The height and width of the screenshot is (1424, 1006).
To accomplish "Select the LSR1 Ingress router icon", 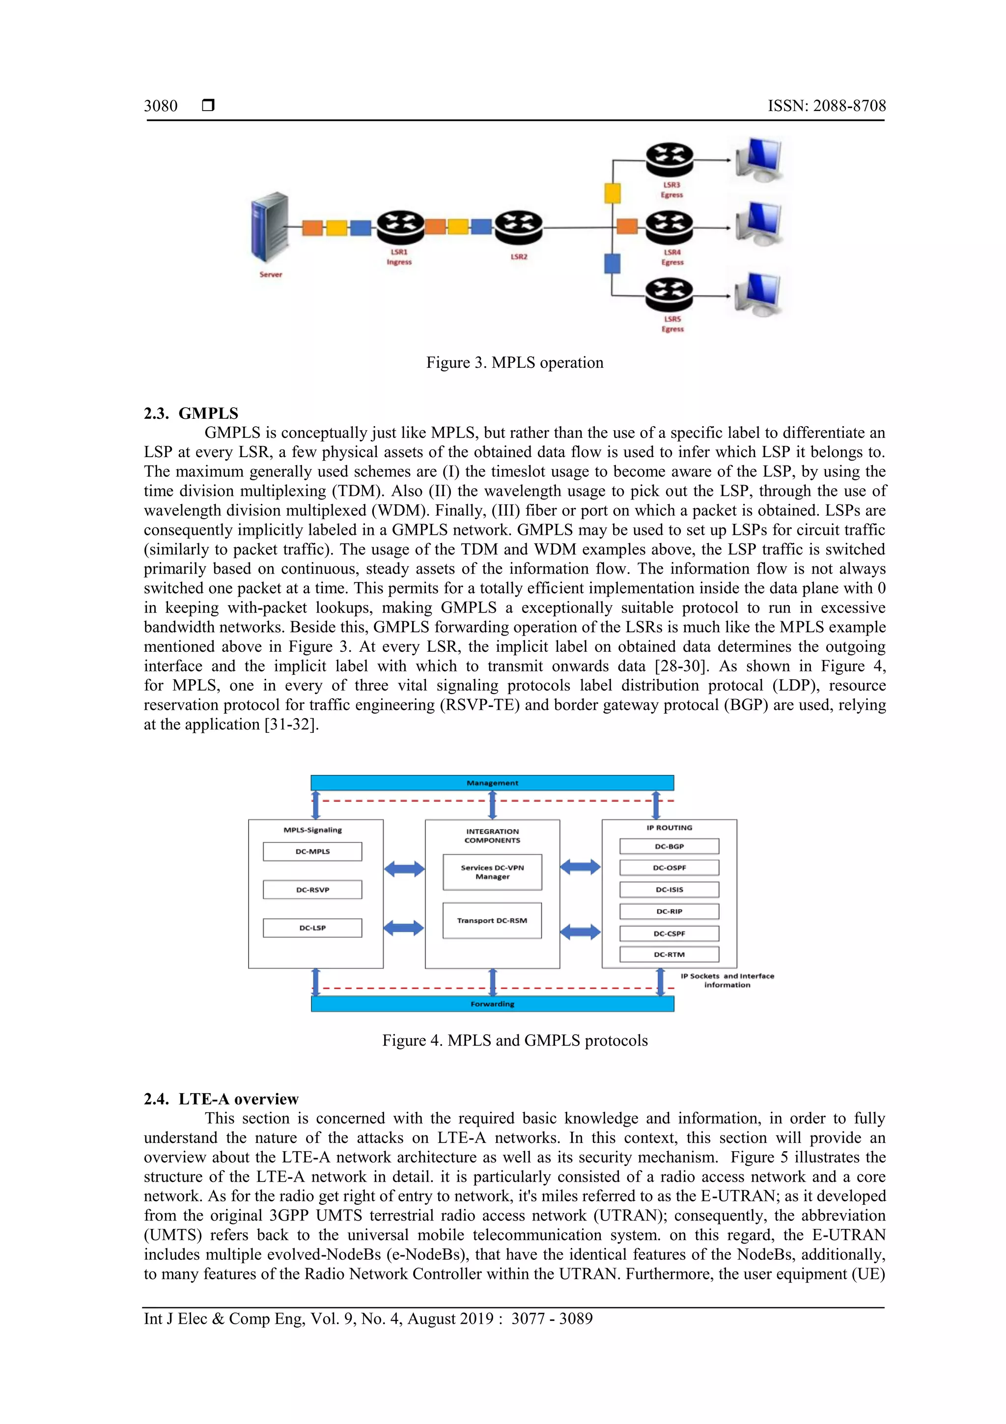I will tap(400, 227).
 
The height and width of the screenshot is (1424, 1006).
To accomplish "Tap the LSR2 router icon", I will tap(518, 227).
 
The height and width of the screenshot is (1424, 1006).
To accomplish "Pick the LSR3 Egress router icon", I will tap(669, 159).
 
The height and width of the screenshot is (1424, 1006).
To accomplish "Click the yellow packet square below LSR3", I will tap(613, 193).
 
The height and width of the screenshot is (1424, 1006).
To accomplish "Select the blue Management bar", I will tap(492, 783).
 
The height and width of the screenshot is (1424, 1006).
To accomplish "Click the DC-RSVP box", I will tap(312, 889).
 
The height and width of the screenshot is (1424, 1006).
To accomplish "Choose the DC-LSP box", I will tap(312, 928).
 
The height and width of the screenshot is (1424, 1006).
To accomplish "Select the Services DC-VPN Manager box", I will tap(492, 872).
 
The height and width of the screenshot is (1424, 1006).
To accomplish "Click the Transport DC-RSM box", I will tap(492, 920).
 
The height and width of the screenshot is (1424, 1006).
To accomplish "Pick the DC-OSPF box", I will tap(670, 868).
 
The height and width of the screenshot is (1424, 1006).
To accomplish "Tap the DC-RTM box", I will tap(670, 954).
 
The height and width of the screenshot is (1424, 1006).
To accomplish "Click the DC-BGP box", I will tap(670, 846).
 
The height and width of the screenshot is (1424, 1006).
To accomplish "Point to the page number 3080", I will tap(161, 106).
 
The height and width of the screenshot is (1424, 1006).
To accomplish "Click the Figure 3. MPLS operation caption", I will tap(514, 363).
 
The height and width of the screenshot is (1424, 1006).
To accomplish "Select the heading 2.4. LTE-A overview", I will tap(221, 1099).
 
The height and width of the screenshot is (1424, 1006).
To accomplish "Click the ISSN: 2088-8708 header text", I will tap(826, 106).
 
